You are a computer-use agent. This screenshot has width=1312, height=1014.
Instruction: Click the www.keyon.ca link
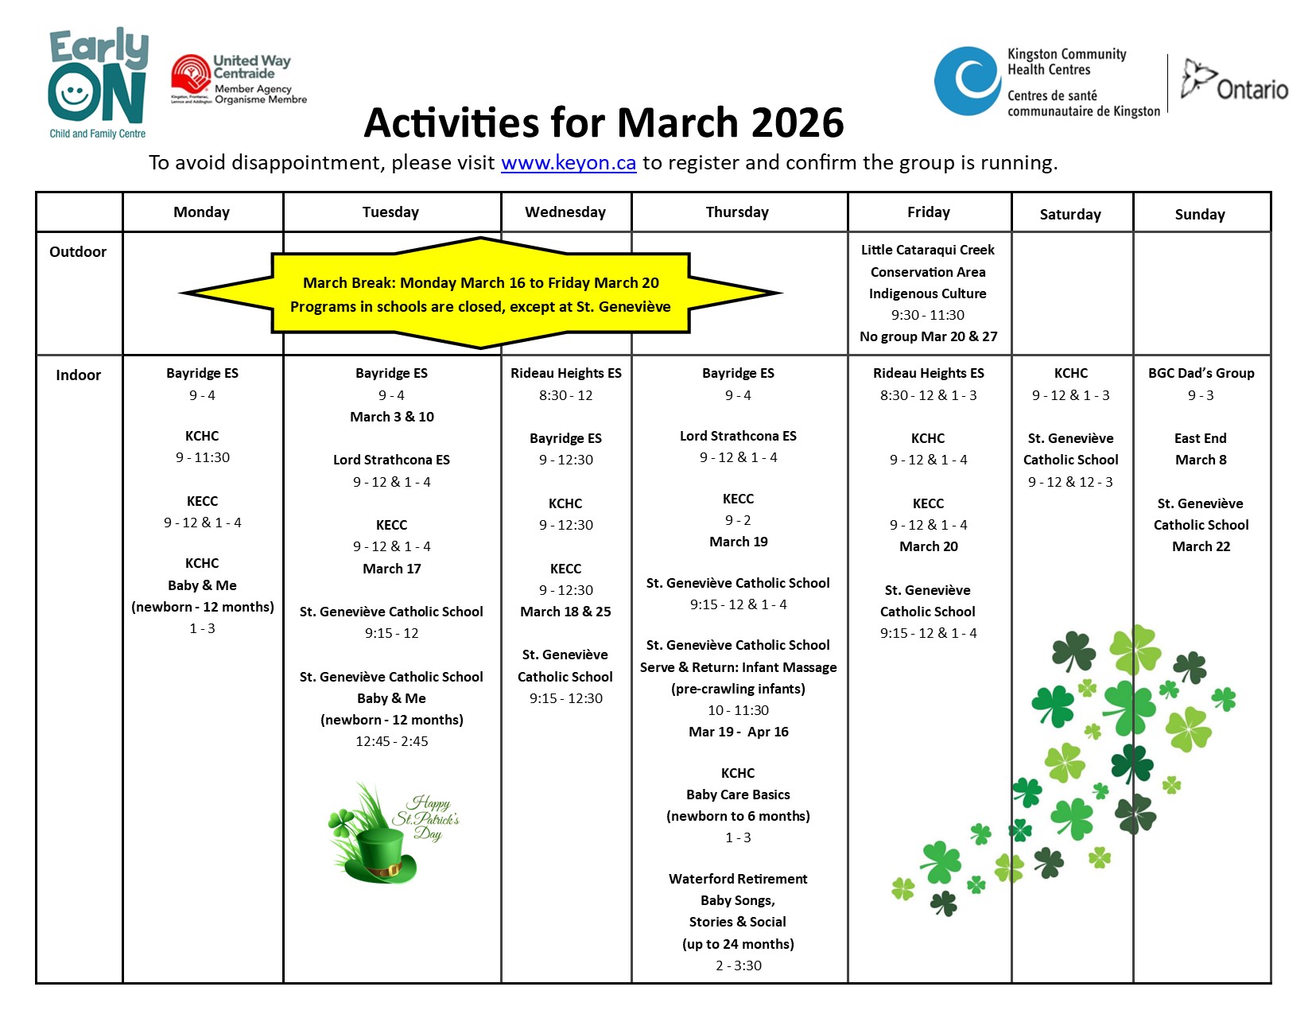point(568,163)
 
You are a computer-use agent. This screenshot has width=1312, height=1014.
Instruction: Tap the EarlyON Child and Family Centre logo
point(98,84)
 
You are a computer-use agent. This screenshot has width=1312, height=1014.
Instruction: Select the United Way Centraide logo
point(239,80)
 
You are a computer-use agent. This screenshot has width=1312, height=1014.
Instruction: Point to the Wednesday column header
point(565,212)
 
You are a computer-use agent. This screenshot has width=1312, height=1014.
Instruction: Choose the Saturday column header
point(1070,214)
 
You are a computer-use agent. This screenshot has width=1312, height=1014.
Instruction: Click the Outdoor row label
point(78,252)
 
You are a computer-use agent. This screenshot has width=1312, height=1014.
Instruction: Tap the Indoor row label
point(78,375)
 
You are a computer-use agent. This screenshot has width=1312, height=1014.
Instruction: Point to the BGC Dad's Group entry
point(1201,373)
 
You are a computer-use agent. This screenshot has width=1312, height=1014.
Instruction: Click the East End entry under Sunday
point(1200,438)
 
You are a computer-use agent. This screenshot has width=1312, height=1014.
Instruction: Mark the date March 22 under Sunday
point(1201,546)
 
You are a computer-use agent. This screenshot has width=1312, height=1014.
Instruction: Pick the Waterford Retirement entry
point(738,879)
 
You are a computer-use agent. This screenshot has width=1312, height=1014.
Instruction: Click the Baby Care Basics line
point(738,794)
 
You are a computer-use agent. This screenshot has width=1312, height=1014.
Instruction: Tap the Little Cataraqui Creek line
point(927,250)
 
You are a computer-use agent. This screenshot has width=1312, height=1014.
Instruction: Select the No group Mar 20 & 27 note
point(928,336)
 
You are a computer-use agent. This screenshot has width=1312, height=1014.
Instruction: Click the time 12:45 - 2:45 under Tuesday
point(391,741)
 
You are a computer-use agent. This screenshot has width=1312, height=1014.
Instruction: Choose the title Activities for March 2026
point(604,123)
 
